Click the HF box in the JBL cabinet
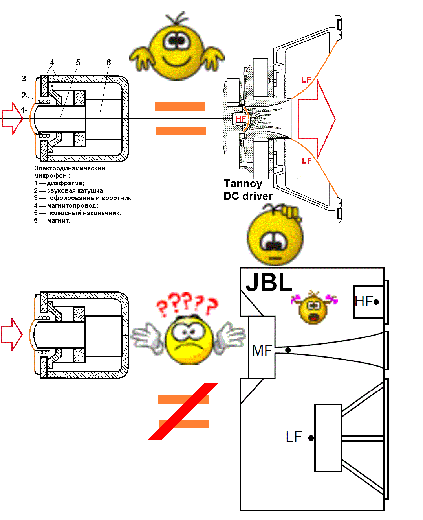click(x=368, y=302)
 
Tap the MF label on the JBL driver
click(x=262, y=350)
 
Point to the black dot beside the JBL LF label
click(x=311, y=438)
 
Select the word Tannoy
click(x=243, y=184)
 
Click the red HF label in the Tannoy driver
click(x=240, y=118)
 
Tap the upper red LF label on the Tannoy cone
click(x=306, y=80)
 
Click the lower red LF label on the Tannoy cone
click(x=307, y=160)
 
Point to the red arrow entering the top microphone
click(x=12, y=118)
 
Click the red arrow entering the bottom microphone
click(x=12, y=335)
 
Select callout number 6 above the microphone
click(x=109, y=63)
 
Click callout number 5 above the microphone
click(x=78, y=63)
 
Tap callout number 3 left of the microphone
click(x=24, y=79)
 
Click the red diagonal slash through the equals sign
click(x=183, y=411)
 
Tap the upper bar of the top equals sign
click(x=180, y=106)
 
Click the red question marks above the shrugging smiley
click(x=187, y=304)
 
